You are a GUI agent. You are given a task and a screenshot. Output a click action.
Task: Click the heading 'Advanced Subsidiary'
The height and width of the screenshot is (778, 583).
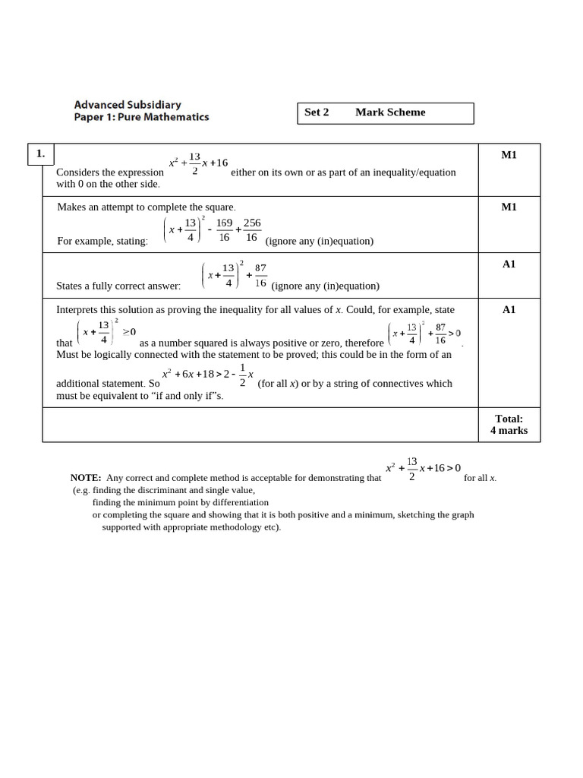pyautogui.click(x=128, y=105)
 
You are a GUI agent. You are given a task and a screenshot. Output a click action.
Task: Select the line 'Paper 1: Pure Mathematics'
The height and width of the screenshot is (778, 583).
pyautogui.click(x=141, y=118)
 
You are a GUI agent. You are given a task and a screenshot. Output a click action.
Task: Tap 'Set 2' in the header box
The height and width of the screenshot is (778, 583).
pyautogui.click(x=317, y=112)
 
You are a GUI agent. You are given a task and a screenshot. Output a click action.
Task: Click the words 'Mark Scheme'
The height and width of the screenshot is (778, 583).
pyautogui.click(x=390, y=112)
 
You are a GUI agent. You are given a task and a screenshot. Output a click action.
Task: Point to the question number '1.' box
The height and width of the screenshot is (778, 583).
pyautogui.click(x=39, y=154)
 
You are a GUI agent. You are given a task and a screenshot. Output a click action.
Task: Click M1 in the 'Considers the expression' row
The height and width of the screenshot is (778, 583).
pyautogui.click(x=509, y=155)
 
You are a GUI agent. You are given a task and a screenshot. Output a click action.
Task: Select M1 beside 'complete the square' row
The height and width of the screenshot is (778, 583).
pyautogui.click(x=509, y=207)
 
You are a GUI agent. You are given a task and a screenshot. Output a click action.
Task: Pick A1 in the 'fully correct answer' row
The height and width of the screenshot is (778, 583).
pyautogui.click(x=509, y=264)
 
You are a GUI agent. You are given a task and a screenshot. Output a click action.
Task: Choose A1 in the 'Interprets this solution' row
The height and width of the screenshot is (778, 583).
pyautogui.click(x=509, y=310)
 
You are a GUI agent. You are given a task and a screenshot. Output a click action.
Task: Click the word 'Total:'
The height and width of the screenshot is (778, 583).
pyautogui.click(x=509, y=419)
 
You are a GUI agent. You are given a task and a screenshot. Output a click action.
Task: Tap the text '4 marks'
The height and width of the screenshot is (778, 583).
pyautogui.click(x=509, y=431)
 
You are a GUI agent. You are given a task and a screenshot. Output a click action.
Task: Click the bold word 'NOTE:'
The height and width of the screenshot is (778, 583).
pyautogui.click(x=86, y=479)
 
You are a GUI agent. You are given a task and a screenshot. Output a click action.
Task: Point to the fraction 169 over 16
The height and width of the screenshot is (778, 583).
pyautogui.click(x=225, y=230)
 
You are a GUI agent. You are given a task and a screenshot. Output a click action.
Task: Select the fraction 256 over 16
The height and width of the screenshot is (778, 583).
pyautogui.click(x=252, y=230)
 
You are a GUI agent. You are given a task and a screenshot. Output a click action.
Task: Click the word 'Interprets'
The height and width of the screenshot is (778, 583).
pyautogui.click(x=80, y=310)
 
